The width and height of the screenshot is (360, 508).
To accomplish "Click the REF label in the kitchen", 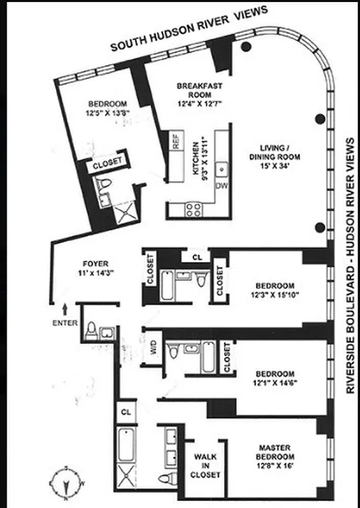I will (x=177, y=142).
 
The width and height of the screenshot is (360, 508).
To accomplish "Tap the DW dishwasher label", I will (x=222, y=185).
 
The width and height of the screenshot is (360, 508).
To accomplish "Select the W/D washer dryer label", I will (x=152, y=348).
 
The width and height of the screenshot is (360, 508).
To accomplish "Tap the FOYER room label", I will (x=96, y=264).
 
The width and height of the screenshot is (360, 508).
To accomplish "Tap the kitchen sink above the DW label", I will (x=222, y=170).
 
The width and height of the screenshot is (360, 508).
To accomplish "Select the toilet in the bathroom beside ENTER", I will (x=92, y=330).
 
